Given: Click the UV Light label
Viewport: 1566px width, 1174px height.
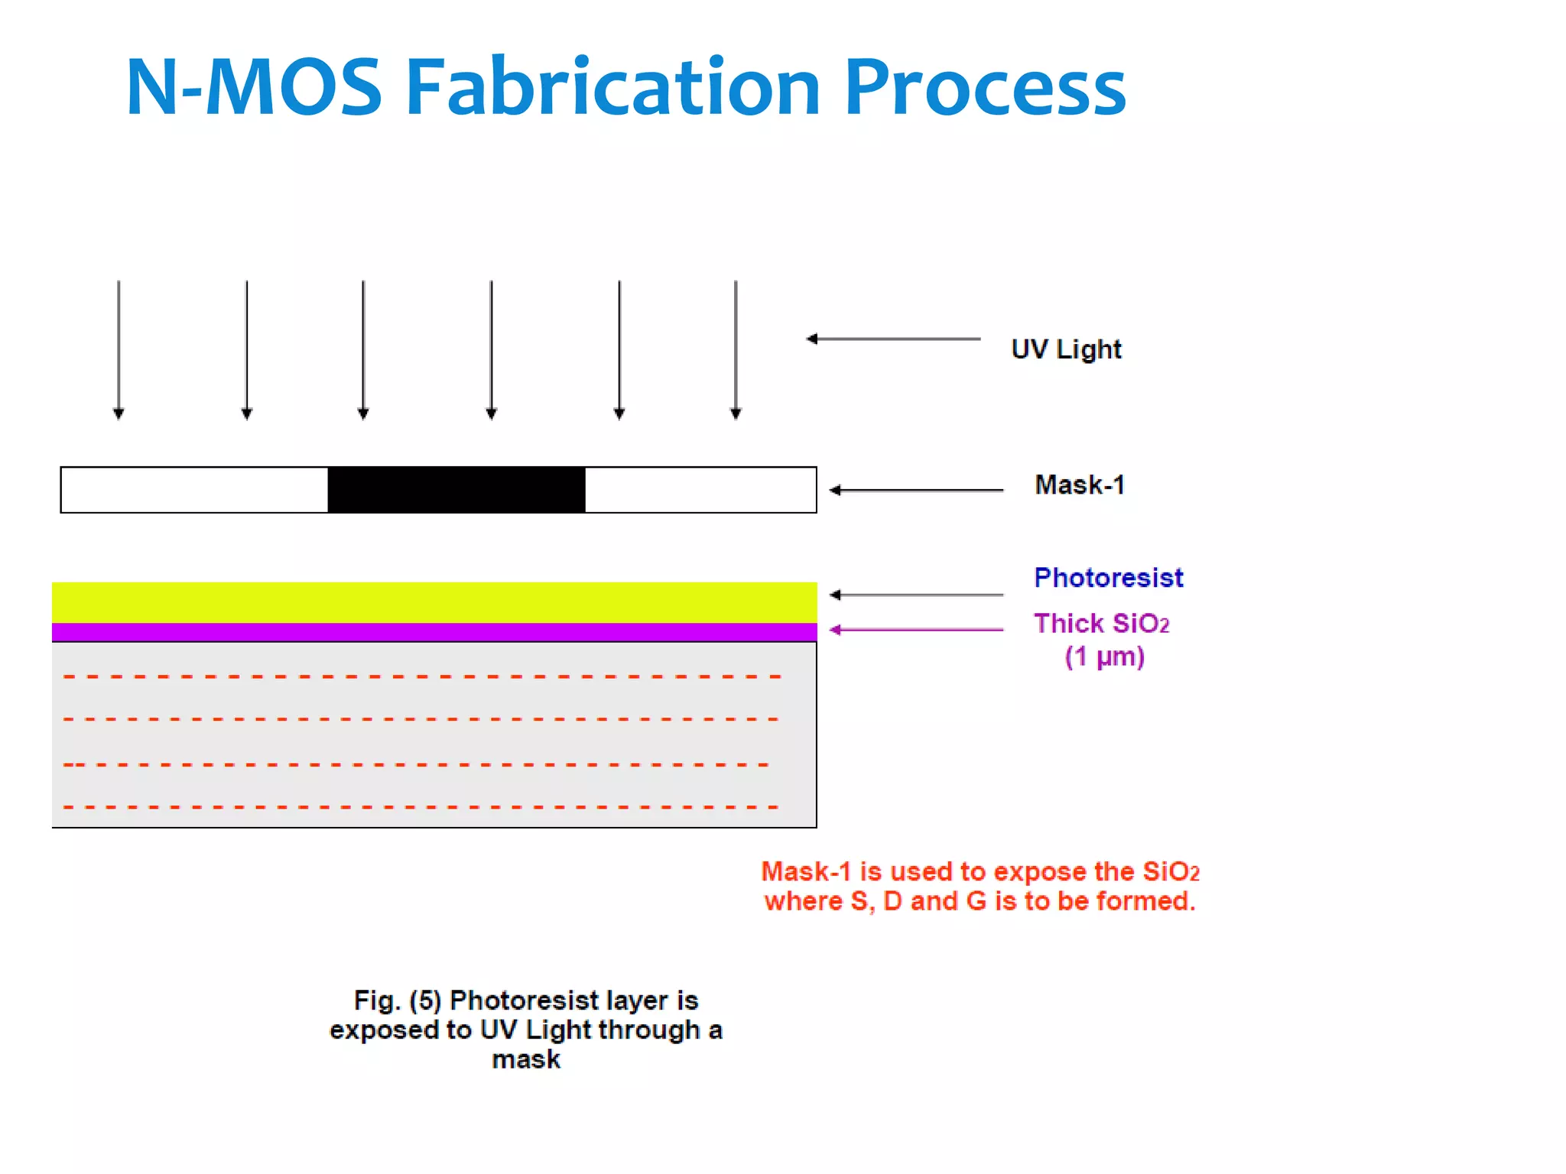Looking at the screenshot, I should coord(1066,349).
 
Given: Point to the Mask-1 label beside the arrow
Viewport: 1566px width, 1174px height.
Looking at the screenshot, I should coord(1079,485).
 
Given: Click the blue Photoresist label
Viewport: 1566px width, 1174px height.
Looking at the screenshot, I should coord(1108,577).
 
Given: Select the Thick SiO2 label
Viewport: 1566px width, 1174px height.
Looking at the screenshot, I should coord(1101,624).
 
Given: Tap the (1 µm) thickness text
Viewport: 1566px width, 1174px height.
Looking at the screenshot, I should coord(1104,657).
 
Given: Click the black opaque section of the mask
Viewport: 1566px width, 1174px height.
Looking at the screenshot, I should coord(456,489).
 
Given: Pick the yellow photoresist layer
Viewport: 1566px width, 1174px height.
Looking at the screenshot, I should coord(434,602).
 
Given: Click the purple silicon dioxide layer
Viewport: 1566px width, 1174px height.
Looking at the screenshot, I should coord(434,632).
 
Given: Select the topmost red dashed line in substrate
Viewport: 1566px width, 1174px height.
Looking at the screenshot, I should coord(421,676).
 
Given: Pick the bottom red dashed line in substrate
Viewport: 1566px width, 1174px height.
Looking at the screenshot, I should coord(421,806).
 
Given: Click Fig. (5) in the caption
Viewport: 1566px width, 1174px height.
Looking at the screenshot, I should coord(397,1000).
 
